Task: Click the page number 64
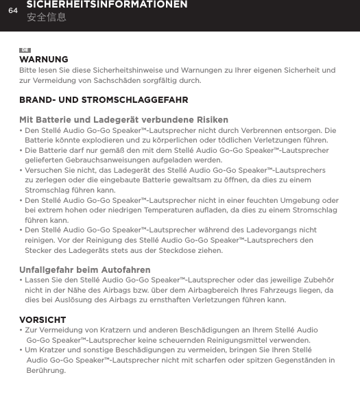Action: click(12, 10)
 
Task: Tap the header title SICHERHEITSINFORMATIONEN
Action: click(107, 5)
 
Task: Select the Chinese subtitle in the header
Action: click(47, 16)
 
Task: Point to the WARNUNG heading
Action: click(44, 60)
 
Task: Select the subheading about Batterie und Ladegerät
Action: click(124, 120)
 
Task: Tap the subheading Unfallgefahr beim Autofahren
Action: click(86, 270)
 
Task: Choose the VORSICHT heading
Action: click(43, 320)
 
